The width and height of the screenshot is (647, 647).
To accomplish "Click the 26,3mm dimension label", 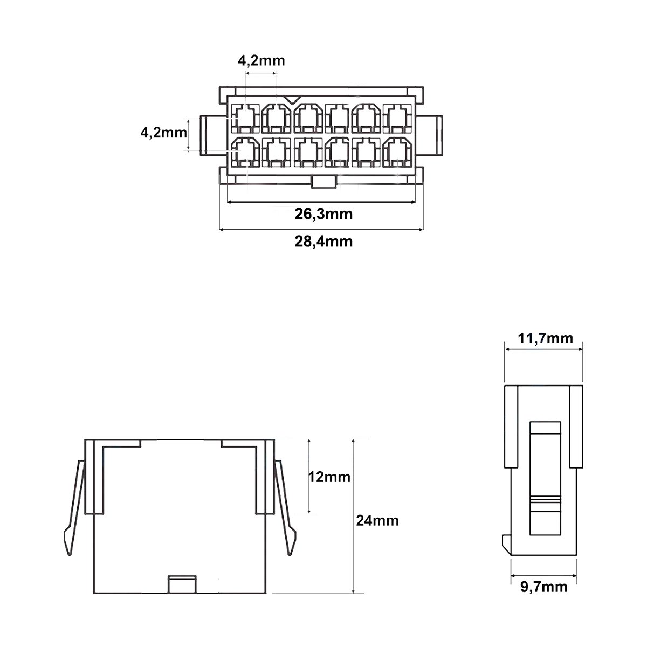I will coord(323,214).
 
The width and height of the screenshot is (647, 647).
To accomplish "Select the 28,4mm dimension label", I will coord(323,241).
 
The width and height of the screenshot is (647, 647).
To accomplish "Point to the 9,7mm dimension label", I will coord(543,587).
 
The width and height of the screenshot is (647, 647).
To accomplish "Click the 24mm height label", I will coord(377,521).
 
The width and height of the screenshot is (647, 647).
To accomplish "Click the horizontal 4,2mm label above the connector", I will coord(261,60).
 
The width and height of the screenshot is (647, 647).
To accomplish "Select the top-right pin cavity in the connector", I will coord(399,118).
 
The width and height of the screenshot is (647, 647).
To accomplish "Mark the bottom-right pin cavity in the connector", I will coord(399,152).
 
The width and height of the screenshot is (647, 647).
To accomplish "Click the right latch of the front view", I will coord(286,507).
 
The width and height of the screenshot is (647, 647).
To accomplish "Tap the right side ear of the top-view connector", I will coord(432,135).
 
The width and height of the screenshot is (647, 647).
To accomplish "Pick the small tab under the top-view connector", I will coord(323,183).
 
